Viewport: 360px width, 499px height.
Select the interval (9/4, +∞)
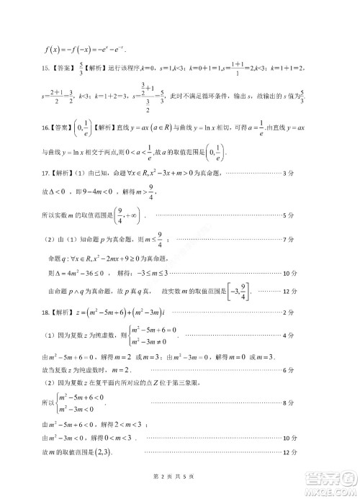(x=127, y=215)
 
